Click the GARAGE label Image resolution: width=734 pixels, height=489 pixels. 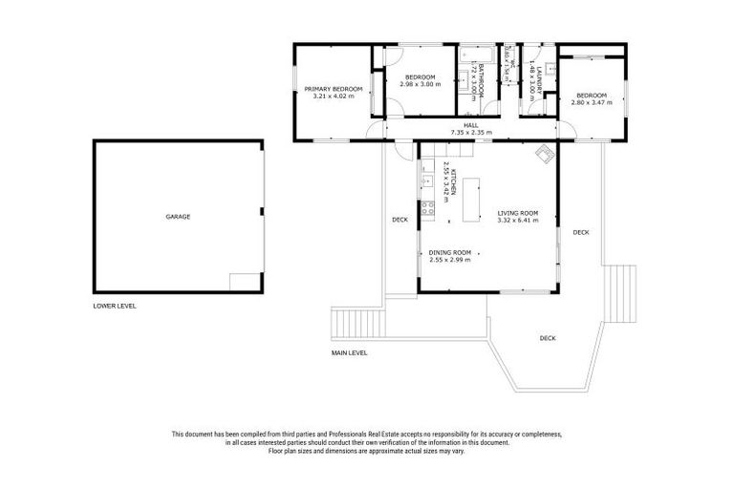pyautogui.click(x=178, y=217)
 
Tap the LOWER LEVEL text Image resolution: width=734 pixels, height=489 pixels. pyautogui.click(x=115, y=307)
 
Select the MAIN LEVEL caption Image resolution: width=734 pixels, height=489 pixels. pyautogui.click(x=349, y=352)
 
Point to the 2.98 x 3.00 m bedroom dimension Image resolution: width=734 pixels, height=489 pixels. pyautogui.click(x=421, y=84)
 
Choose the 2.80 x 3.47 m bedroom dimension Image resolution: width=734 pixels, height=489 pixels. pyautogui.click(x=591, y=102)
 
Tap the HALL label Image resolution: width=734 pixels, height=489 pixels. pyautogui.click(x=470, y=125)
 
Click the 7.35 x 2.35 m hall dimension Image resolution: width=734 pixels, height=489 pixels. pyautogui.click(x=470, y=133)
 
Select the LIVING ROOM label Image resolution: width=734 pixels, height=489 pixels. pyautogui.click(x=517, y=213)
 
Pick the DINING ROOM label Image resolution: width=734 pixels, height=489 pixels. pyautogui.click(x=449, y=252)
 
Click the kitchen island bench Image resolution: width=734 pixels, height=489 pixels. pyautogui.click(x=471, y=197)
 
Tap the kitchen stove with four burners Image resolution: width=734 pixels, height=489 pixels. pyautogui.click(x=421, y=209)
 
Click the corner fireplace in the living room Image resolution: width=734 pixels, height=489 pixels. pyautogui.click(x=545, y=153)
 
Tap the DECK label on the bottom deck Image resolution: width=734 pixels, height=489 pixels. pyautogui.click(x=547, y=338)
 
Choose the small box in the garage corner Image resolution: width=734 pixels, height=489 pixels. pyautogui.click(x=244, y=282)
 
